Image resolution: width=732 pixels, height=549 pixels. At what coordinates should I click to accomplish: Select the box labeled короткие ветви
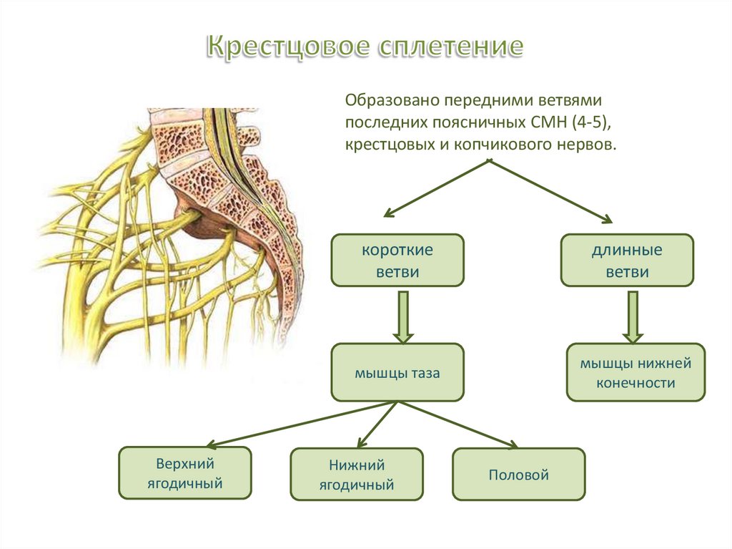coord(397,261)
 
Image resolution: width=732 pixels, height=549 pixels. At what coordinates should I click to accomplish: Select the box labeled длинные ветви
coord(627,261)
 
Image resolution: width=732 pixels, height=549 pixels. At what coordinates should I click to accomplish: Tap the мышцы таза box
coord(397,372)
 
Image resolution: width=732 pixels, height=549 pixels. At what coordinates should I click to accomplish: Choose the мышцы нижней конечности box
coord(635,372)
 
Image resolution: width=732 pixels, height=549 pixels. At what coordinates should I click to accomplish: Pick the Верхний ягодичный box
coord(184,472)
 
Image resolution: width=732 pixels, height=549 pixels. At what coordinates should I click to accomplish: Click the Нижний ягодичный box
coord(357,475)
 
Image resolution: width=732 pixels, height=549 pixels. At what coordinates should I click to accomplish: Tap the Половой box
coord(518,474)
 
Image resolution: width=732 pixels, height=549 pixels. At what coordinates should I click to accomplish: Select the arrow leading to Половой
coord(457,424)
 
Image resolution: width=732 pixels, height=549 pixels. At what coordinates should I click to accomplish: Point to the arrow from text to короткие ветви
coord(436,188)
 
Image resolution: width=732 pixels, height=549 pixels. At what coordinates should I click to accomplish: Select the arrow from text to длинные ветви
coord(550,190)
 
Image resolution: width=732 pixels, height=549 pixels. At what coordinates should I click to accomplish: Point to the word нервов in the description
coord(587,145)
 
